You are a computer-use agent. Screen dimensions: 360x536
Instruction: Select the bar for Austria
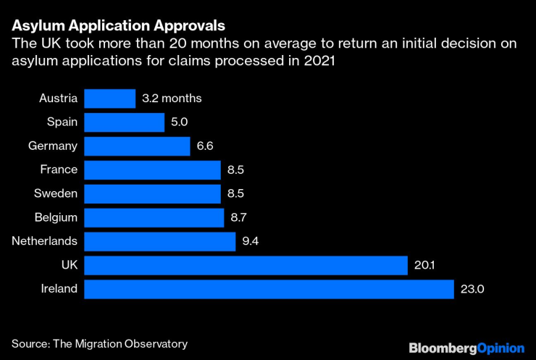[x=109, y=99]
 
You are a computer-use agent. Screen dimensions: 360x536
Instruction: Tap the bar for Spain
[x=124, y=122]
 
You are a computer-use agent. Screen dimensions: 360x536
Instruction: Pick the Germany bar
[x=137, y=146]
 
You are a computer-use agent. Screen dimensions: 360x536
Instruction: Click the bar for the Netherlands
[x=160, y=241]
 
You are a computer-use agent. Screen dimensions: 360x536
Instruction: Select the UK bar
[x=246, y=265]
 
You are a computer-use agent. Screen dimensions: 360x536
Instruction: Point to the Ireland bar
[x=269, y=289]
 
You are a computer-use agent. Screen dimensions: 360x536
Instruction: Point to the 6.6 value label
[x=205, y=146]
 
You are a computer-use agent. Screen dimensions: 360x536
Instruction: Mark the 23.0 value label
[x=472, y=289]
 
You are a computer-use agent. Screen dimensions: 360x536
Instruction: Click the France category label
[x=59, y=170]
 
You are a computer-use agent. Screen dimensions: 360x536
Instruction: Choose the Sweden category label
[x=56, y=193]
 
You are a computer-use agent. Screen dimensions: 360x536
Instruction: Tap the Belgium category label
[x=56, y=217]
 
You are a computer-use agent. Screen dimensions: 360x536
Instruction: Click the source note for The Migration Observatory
[x=99, y=343]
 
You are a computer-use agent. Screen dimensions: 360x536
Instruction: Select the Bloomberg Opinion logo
[x=466, y=348]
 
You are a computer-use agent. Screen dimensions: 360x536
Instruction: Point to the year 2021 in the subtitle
[x=318, y=61]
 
